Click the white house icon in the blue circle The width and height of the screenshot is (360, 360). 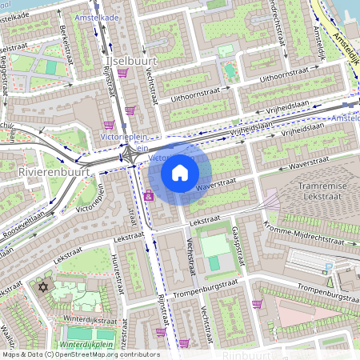[180, 173]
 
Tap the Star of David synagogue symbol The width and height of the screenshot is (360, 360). [44, 286]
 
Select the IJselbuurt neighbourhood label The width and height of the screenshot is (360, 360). [130, 60]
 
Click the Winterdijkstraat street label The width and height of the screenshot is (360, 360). [87, 323]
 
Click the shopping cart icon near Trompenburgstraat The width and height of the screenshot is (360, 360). [257, 304]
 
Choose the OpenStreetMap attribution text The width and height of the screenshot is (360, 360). [80, 354]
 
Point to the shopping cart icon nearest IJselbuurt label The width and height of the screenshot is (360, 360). [122, 74]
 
